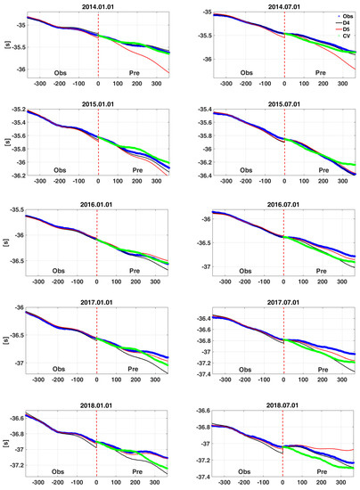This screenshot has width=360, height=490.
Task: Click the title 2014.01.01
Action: tap(97, 5)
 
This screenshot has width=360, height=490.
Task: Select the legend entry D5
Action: tap(340, 37)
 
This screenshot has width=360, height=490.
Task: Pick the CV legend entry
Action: tap(340, 45)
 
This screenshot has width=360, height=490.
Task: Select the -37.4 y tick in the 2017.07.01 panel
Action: tap(202, 373)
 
